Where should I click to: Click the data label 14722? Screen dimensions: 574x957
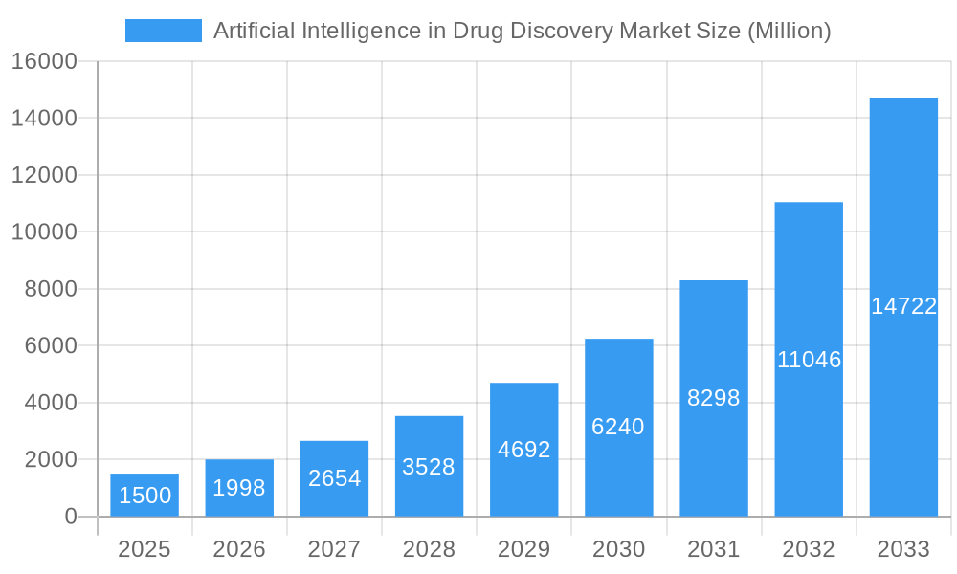903,306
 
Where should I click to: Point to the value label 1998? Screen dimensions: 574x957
238,488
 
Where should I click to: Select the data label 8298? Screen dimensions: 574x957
714,398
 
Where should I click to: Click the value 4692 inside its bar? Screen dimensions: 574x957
523,450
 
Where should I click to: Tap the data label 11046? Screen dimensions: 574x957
809,360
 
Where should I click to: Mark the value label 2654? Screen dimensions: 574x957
334,478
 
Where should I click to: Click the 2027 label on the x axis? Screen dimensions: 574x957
334,549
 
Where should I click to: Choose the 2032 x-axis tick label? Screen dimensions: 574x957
809,549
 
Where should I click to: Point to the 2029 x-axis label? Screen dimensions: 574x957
523,549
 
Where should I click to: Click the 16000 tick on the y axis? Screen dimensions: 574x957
44,61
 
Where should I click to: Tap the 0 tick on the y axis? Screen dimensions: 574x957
70,517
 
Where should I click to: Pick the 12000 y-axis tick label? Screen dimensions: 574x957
44,175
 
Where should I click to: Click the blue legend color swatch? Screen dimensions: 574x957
164,31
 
